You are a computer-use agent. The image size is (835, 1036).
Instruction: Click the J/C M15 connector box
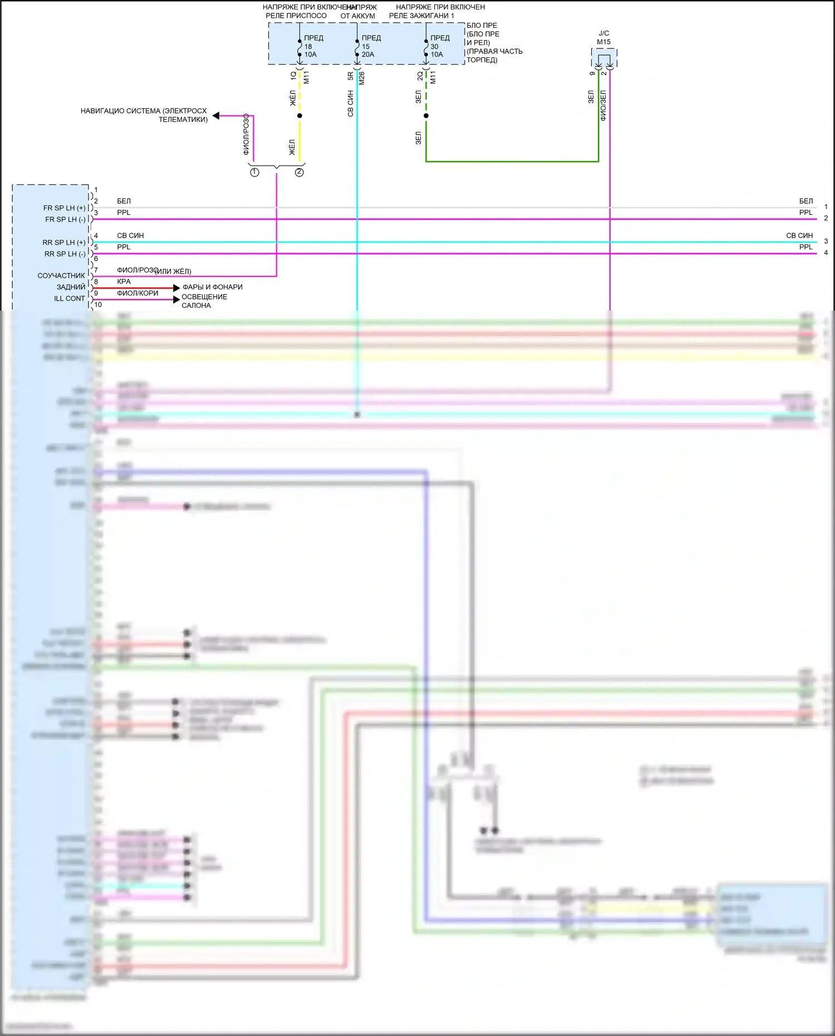point(604,58)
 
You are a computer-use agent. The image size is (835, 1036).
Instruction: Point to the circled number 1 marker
point(254,173)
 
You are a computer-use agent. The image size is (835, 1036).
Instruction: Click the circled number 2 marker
point(299,173)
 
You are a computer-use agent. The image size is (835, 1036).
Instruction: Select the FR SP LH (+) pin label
point(65,208)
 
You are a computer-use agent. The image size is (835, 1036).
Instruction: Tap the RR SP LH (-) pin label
point(65,254)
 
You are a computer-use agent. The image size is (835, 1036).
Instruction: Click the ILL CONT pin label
point(70,298)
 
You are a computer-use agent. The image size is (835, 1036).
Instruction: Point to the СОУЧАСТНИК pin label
point(61,276)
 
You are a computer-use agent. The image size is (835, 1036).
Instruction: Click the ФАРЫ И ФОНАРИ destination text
point(213,287)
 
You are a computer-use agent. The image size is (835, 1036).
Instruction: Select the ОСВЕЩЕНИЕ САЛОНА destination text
point(204,301)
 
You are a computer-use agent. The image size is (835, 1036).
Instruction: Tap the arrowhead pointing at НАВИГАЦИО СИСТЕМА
point(216,116)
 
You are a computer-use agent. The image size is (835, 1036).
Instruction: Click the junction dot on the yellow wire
point(299,116)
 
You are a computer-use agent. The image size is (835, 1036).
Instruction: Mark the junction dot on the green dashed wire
point(426,116)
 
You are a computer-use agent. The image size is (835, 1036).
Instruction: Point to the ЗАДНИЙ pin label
point(71,287)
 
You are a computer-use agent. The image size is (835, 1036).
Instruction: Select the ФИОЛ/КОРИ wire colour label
point(137,293)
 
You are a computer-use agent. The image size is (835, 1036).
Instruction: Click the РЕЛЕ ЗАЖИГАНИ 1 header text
point(421,16)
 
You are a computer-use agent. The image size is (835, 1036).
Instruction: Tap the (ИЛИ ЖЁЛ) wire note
point(174,272)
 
